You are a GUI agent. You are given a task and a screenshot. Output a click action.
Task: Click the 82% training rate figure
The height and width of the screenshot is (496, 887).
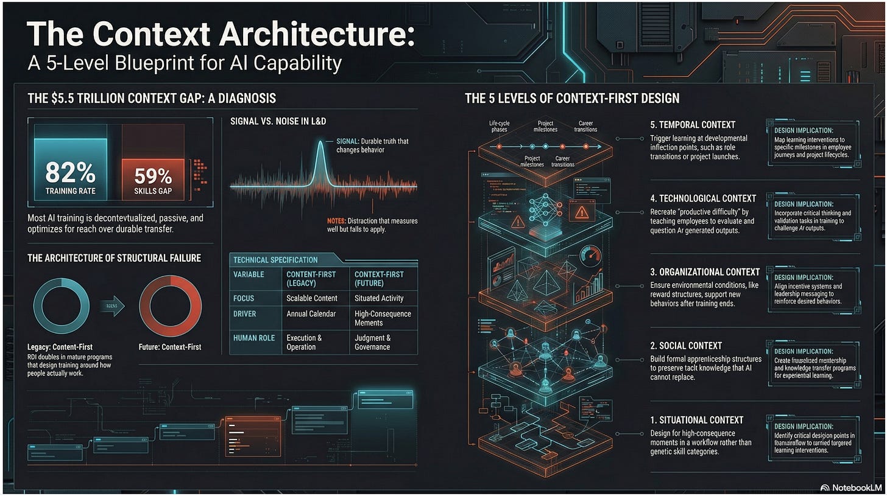pos(70,175)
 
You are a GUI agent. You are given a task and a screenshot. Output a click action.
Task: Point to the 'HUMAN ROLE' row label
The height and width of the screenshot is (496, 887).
pos(255,338)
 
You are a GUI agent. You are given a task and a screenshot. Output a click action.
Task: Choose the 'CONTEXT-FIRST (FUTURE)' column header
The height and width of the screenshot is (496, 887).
pos(379,279)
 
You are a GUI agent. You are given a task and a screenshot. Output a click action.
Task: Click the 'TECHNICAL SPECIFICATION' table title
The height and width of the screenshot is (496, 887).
pos(275,260)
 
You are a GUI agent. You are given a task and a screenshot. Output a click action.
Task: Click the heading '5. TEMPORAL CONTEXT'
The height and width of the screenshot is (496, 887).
pos(693,125)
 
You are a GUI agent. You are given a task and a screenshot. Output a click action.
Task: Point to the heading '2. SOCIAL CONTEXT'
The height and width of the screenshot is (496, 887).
pos(686,345)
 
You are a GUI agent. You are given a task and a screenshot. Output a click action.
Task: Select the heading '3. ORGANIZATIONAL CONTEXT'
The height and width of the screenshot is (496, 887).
pos(705,271)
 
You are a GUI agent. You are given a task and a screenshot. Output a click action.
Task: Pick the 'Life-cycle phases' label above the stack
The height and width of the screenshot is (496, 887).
pos(499,127)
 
